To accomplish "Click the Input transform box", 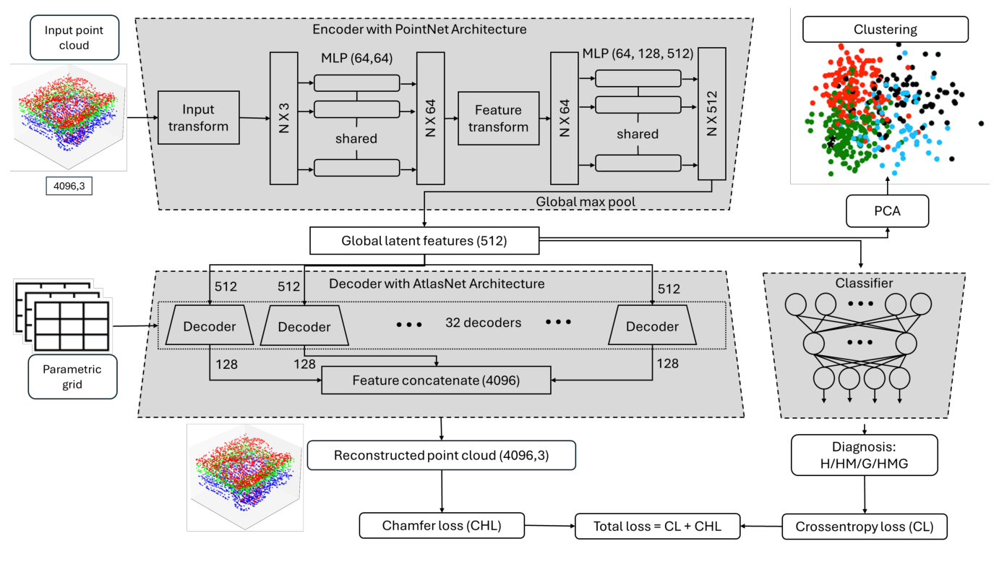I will (x=198, y=119).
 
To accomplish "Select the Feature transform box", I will (x=498, y=119).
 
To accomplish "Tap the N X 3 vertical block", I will (x=283, y=117).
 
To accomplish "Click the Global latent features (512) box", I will (x=424, y=242).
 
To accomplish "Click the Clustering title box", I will (x=885, y=30).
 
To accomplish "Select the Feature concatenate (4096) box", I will (x=436, y=380).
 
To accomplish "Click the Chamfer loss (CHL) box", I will (x=441, y=526).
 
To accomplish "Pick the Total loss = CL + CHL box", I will (x=657, y=526).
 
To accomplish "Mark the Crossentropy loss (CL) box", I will (x=864, y=526).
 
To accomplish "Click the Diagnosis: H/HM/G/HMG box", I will (x=864, y=454).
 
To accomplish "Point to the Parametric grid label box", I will (x=72, y=376).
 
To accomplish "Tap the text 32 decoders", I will (x=483, y=323).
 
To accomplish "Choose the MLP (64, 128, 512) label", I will (x=638, y=54).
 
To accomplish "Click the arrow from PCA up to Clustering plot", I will (x=887, y=190).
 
